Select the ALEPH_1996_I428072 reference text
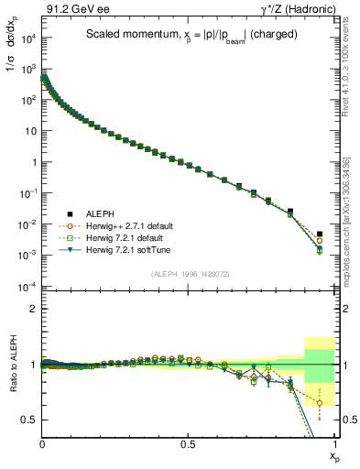click(x=191, y=274)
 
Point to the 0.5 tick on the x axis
click(x=189, y=443)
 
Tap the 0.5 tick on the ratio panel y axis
click(x=29, y=420)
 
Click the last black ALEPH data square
click(x=320, y=234)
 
